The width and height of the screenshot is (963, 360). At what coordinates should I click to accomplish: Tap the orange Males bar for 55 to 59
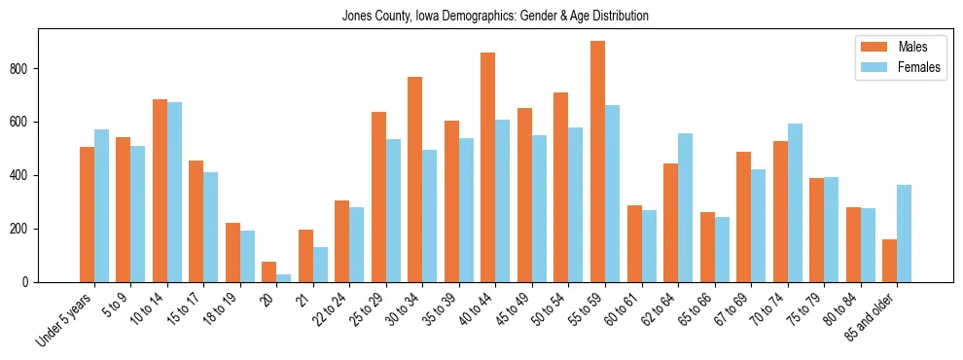click(597, 162)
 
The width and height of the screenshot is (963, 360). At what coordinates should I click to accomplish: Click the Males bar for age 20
click(269, 271)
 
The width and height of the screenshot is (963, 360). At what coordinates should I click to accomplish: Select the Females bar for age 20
click(284, 277)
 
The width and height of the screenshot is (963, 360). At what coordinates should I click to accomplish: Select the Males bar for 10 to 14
click(160, 191)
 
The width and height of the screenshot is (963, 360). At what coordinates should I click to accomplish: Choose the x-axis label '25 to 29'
click(368, 309)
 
